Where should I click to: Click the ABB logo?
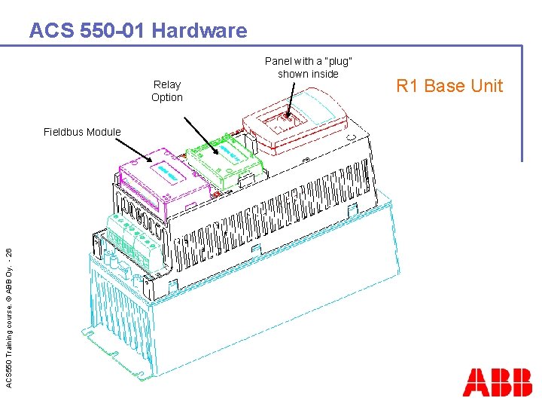tap(497, 382)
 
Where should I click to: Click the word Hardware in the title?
tap(199, 31)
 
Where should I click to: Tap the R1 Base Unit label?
tap(449, 86)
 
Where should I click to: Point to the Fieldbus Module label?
tap(82, 132)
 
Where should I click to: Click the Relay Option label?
tap(167, 91)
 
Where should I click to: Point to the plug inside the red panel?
tap(288, 119)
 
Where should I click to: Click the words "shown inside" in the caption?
tap(308, 74)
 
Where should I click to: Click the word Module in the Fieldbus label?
tap(102, 132)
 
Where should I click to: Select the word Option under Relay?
tap(167, 97)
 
